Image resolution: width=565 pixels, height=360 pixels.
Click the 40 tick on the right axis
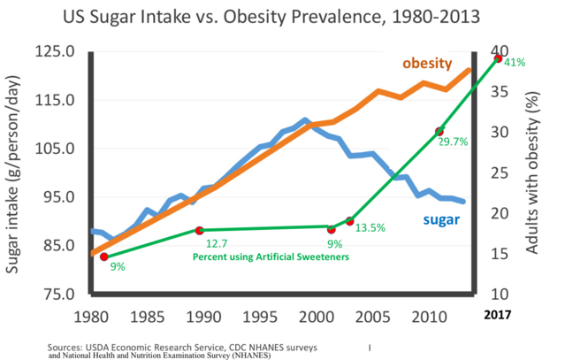point(500,51)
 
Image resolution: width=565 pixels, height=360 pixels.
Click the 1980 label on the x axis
point(91,315)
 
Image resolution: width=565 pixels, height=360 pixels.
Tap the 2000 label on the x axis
point(317,315)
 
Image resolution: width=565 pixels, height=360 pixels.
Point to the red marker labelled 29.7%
point(439,131)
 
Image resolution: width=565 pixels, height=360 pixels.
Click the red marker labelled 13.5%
point(350,220)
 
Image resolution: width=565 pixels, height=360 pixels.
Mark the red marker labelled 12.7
point(199,231)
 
